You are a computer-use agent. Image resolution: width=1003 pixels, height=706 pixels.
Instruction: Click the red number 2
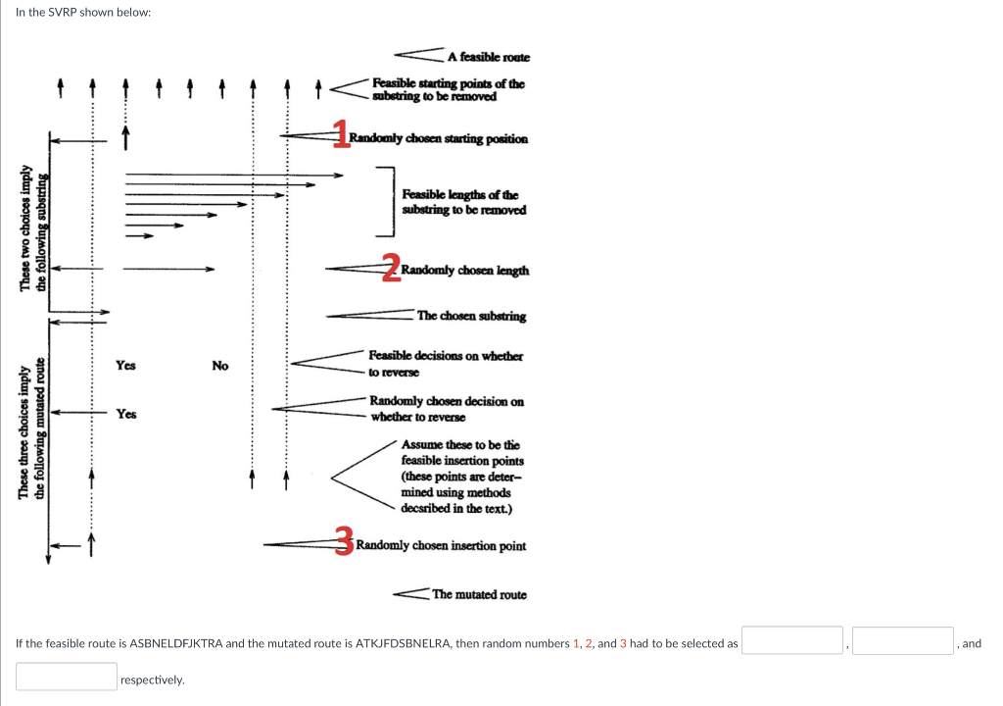(x=391, y=267)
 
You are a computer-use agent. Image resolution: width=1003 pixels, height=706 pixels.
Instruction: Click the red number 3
(x=344, y=540)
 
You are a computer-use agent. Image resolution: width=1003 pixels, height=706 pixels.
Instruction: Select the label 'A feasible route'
(x=488, y=58)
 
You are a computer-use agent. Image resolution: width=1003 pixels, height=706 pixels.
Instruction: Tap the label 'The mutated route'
(x=479, y=594)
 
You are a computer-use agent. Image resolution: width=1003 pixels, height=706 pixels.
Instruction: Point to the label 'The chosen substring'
(x=471, y=316)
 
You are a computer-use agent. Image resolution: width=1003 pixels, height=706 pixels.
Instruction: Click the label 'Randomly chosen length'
(x=465, y=271)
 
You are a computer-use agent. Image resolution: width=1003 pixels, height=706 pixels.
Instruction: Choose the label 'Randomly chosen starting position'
(x=439, y=138)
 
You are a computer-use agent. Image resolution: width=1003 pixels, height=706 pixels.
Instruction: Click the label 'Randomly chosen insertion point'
(x=441, y=545)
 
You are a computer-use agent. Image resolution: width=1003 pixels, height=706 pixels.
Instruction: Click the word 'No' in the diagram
(x=220, y=366)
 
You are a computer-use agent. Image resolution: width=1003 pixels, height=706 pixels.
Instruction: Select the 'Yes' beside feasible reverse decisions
(x=125, y=366)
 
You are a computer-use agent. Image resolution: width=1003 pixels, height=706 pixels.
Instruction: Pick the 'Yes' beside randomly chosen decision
(x=125, y=414)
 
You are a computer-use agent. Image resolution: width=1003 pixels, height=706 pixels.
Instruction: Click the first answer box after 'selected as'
(x=792, y=641)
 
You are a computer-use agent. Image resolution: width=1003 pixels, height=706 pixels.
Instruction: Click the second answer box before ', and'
(x=903, y=641)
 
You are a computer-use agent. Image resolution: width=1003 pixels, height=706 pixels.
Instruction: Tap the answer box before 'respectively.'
(x=67, y=677)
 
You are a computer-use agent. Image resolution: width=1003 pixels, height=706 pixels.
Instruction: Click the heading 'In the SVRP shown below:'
(x=83, y=13)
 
